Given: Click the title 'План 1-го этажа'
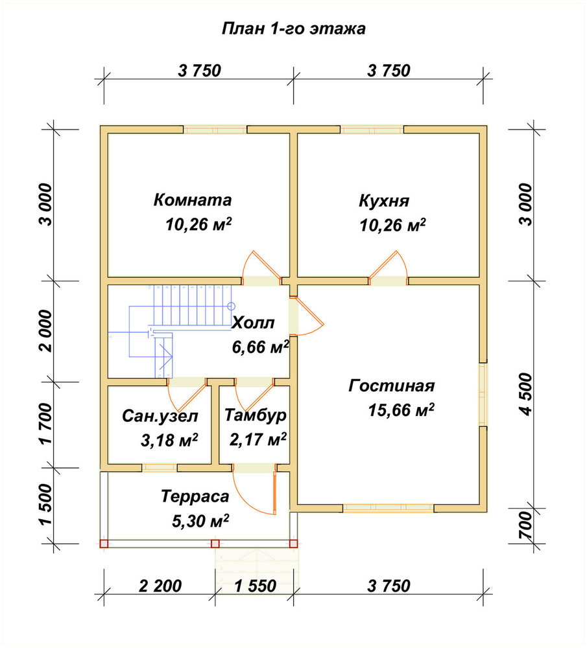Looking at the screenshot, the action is pyautogui.click(x=293, y=29).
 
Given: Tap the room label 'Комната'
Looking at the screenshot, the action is pyautogui.click(x=193, y=200).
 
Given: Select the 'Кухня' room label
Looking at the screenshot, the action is pyautogui.click(x=384, y=201).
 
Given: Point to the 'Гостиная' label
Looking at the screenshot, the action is pyautogui.click(x=391, y=386).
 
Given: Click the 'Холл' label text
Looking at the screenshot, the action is pyautogui.click(x=252, y=323).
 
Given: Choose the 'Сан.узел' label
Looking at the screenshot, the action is pyautogui.click(x=160, y=416).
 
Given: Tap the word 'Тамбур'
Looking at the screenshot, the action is pyautogui.click(x=256, y=415).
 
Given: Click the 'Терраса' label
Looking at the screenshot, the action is pyautogui.click(x=195, y=496).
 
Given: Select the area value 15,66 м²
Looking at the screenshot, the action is pyautogui.click(x=401, y=410).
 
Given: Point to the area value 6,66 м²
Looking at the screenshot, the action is pyautogui.click(x=260, y=347).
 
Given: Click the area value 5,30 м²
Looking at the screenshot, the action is pyautogui.click(x=200, y=521).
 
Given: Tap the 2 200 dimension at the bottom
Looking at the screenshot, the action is pyautogui.click(x=160, y=586).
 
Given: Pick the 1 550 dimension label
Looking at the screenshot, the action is pyautogui.click(x=256, y=586).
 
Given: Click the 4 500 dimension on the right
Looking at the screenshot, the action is pyautogui.click(x=526, y=394).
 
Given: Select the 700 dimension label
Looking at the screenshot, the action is pyautogui.click(x=526, y=526).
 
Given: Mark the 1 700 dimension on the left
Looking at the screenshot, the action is pyautogui.click(x=46, y=424).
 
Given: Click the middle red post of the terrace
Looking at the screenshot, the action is pyautogui.click(x=215, y=544).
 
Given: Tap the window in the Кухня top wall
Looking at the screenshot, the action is pyautogui.click(x=372, y=130).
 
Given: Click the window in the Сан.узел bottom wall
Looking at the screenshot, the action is pyautogui.click(x=160, y=468).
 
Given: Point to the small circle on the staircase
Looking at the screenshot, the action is pyautogui.click(x=231, y=307).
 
